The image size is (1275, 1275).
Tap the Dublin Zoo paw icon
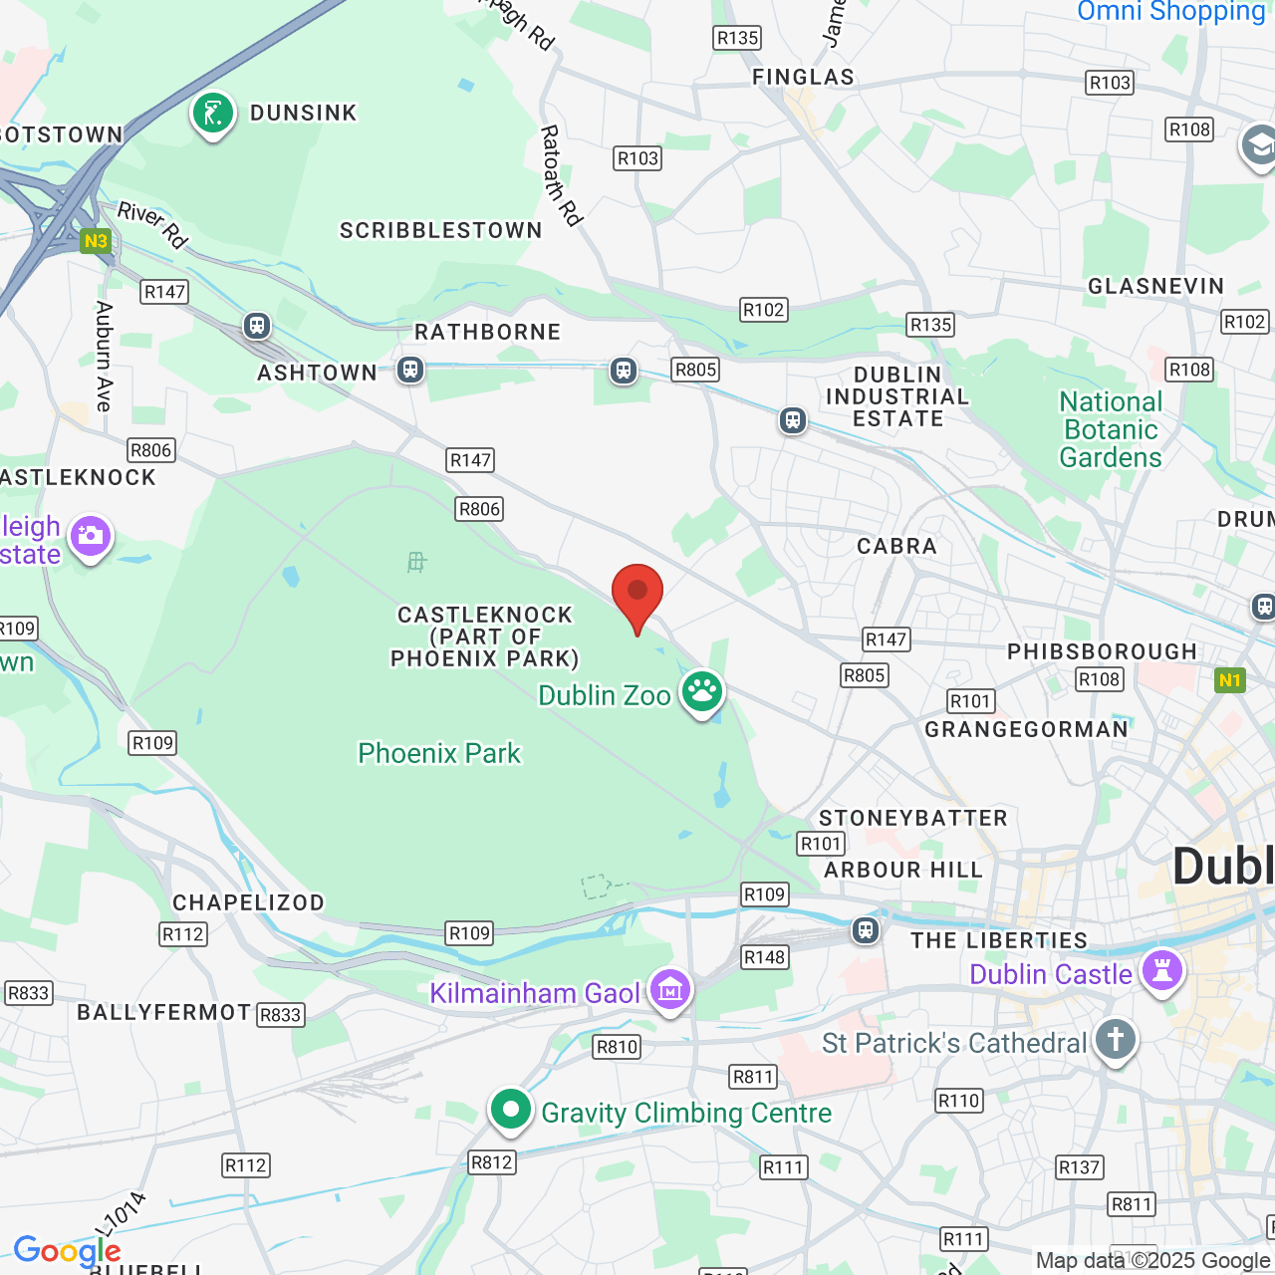point(702,690)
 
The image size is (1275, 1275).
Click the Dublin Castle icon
point(1161,970)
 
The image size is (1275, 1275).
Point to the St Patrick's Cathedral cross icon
point(1116,1040)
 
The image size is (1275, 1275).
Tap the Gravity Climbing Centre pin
point(511,1109)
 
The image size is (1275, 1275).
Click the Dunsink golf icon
point(213,113)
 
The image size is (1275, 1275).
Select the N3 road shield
point(96,241)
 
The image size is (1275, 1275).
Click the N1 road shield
point(1230,680)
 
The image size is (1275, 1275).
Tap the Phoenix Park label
point(439,753)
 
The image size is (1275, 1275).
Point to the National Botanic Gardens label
point(1111,429)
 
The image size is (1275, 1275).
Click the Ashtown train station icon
point(409,371)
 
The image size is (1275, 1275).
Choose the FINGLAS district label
point(803,77)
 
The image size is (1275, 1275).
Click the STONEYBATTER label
point(912,819)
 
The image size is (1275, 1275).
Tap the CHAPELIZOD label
point(248,902)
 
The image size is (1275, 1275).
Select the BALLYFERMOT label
point(164,1013)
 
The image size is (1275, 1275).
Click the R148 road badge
point(764,957)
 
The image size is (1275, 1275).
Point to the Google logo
point(67,1251)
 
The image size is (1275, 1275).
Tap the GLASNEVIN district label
point(1155,287)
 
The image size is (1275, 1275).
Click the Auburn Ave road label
point(104,356)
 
